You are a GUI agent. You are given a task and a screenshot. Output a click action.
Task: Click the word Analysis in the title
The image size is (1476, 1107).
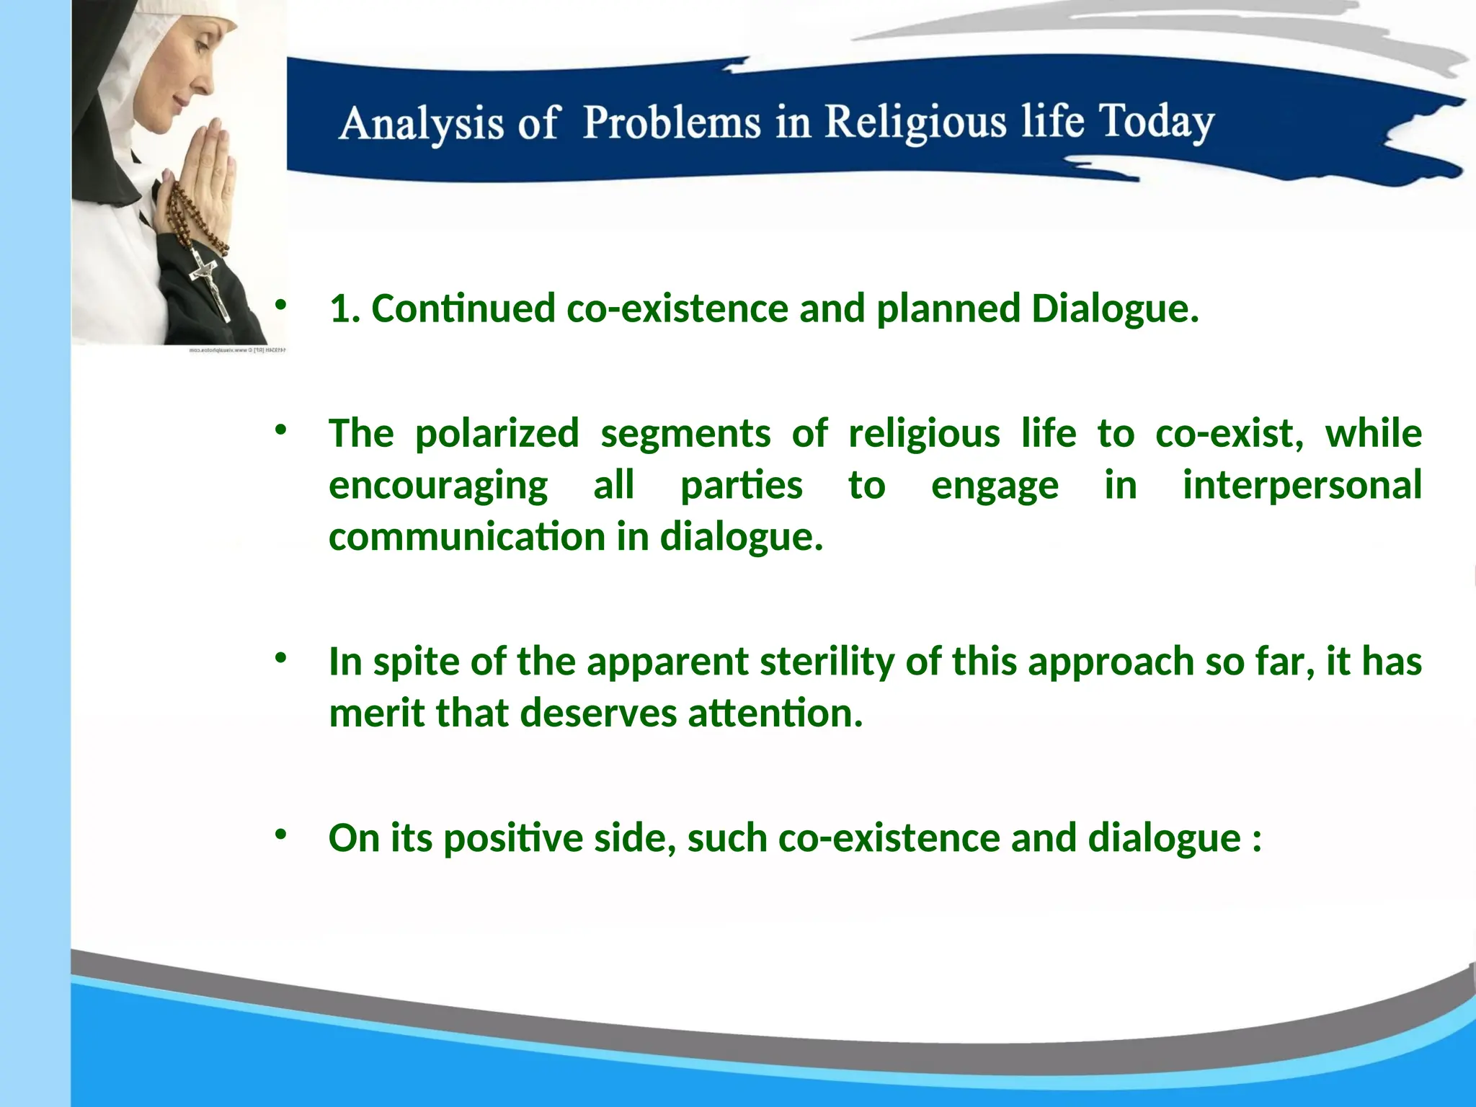click(421, 124)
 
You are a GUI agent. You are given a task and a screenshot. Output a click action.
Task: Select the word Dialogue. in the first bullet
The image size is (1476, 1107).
click(1115, 309)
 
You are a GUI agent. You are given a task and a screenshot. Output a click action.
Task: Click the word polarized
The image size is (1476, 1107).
click(497, 434)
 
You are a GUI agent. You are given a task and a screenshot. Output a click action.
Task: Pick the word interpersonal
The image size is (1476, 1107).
click(1302, 485)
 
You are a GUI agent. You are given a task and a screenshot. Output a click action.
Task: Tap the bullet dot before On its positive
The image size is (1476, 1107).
click(280, 835)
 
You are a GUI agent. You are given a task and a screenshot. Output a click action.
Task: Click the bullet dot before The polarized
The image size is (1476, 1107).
click(280, 430)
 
